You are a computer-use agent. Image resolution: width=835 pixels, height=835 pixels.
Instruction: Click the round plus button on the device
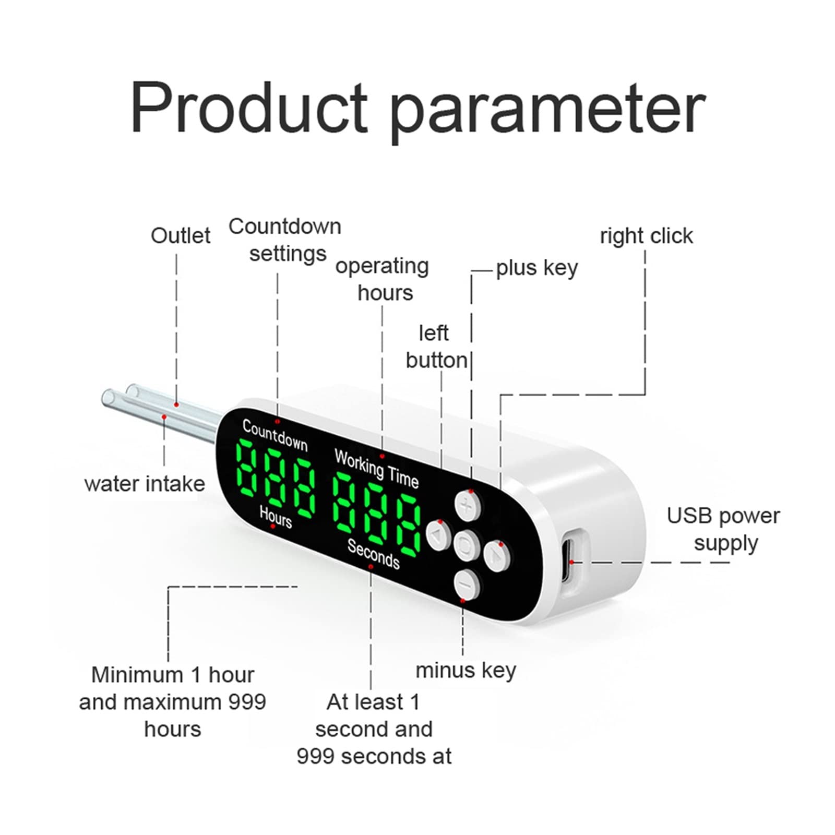click(x=468, y=505)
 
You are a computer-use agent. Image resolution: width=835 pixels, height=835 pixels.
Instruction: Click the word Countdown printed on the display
click(x=275, y=435)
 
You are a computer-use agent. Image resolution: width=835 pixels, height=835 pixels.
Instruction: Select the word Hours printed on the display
click(x=276, y=517)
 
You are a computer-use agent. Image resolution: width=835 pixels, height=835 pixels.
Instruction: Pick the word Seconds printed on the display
click(x=374, y=553)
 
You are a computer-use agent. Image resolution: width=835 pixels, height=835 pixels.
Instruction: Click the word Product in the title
click(x=250, y=108)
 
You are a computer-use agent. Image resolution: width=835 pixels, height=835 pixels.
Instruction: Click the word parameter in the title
click(x=548, y=112)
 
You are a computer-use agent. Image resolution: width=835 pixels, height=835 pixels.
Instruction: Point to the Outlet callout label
click(x=181, y=236)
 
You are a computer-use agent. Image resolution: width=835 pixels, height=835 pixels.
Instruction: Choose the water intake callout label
click(x=145, y=484)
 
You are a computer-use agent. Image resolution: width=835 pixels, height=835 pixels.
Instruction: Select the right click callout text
click(x=647, y=236)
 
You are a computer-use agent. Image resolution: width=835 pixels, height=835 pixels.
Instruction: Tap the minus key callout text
click(x=466, y=671)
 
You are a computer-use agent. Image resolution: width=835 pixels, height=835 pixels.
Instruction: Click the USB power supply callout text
click(x=723, y=529)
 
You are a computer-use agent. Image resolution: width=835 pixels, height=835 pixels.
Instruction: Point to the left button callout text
click(x=436, y=347)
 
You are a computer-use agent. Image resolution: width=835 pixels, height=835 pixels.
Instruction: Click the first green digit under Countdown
click(x=250, y=467)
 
